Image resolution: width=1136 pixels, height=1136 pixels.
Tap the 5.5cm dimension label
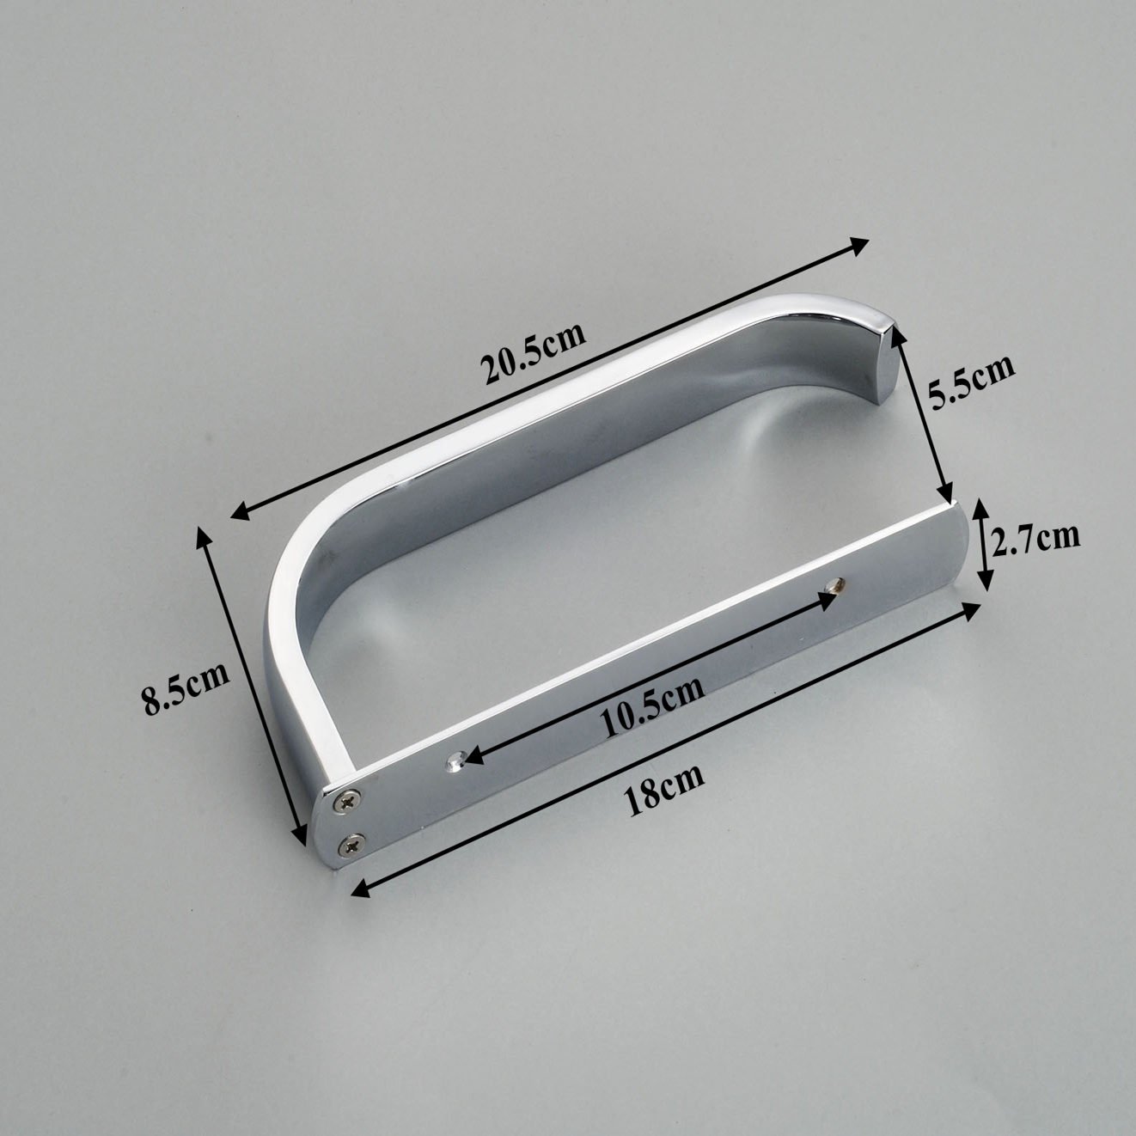click(970, 382)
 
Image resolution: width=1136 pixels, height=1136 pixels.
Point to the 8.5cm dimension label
click(185, 687)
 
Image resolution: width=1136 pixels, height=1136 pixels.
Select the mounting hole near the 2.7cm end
click(834, 585)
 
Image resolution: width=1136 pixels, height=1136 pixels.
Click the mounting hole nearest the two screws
click(455, 761)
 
